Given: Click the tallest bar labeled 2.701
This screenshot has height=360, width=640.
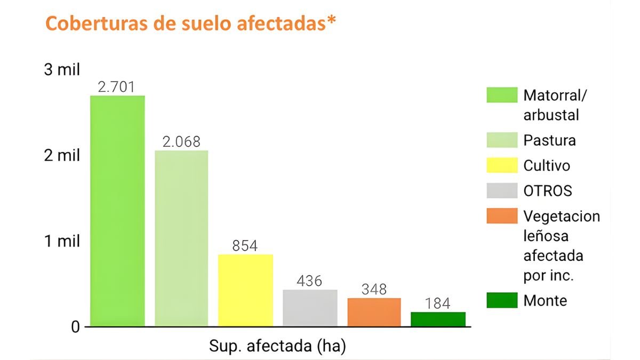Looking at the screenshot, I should tap(117, 211).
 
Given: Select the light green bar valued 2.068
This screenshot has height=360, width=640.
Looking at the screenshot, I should tap(181, 238).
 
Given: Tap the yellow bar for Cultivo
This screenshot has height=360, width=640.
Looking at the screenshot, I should tap(245, 290).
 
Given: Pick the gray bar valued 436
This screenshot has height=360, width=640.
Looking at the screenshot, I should tap(310, 308).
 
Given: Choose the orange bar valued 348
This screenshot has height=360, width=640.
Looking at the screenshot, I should tap(374, 312).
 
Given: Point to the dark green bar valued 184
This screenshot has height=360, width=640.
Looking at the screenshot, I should tap(438, 319).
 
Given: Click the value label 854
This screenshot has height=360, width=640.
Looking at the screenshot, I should tap(245, 246).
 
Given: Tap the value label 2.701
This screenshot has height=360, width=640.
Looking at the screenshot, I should tap(117, 87).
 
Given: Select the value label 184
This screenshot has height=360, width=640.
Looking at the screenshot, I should tap(438, 303).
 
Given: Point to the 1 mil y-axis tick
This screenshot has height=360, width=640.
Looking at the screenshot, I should tap(61, 241).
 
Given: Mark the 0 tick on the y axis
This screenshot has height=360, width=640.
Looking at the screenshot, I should tap(75, 326).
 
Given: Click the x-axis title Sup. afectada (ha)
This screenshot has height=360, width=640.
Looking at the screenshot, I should tap(277, 346).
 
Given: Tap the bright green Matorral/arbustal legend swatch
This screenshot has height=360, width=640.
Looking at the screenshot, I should tap(502, 95).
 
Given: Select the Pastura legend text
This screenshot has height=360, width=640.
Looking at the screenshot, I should tap(549, 140).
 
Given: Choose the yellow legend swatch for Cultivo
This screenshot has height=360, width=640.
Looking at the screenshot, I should tap(502, 165).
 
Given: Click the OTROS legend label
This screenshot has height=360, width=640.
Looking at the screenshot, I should tap(548, 191).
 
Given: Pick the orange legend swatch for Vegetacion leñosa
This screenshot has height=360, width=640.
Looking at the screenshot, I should tap(502, 216).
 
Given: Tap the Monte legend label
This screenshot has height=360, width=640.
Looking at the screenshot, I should tap(545, 300).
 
